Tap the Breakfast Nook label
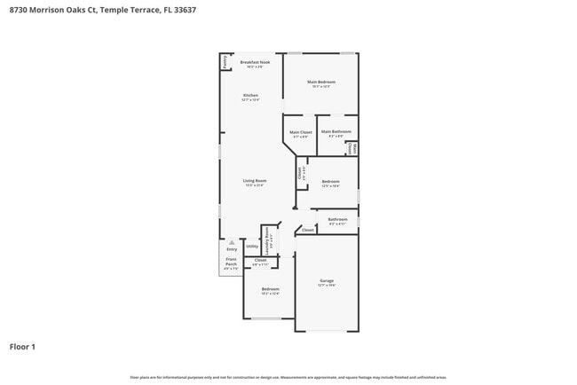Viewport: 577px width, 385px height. [x=256, y=63]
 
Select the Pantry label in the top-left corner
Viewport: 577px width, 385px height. [x=225, y=61]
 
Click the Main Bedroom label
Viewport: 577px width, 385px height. [x=321, y=83]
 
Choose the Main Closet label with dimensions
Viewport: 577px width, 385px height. [x=300, y=133]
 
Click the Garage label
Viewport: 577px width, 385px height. [x=327, y=282]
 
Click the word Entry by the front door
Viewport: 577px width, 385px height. [x=232, y=249]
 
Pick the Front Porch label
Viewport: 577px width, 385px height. [x=231, y=264]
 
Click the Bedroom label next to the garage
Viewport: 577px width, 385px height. [x=271, y=290]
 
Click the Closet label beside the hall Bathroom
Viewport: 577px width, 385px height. [x=307, y=230]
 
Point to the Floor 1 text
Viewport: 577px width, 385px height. [x=22, y=347]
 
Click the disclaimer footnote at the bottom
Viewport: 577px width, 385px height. [x=288, y=377]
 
